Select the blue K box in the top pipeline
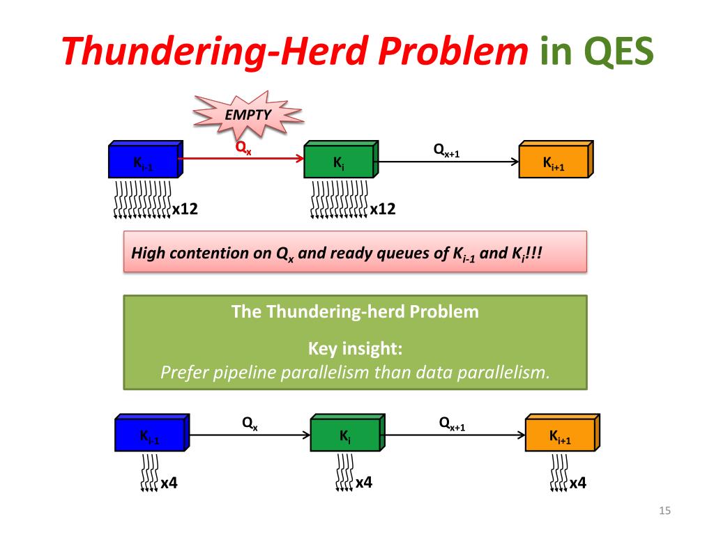point(146,159)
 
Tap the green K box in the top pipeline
point(341,159)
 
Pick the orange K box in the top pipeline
point(556,159)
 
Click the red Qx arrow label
point(243,148)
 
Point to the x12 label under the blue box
point(185,209)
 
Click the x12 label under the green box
point(383,209)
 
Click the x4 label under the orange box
point(578,483)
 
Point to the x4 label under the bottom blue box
point(169,483)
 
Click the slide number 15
point(664,511)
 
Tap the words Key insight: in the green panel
point(355,349)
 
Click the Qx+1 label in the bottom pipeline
point(452,424)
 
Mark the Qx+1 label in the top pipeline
point(446,150)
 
